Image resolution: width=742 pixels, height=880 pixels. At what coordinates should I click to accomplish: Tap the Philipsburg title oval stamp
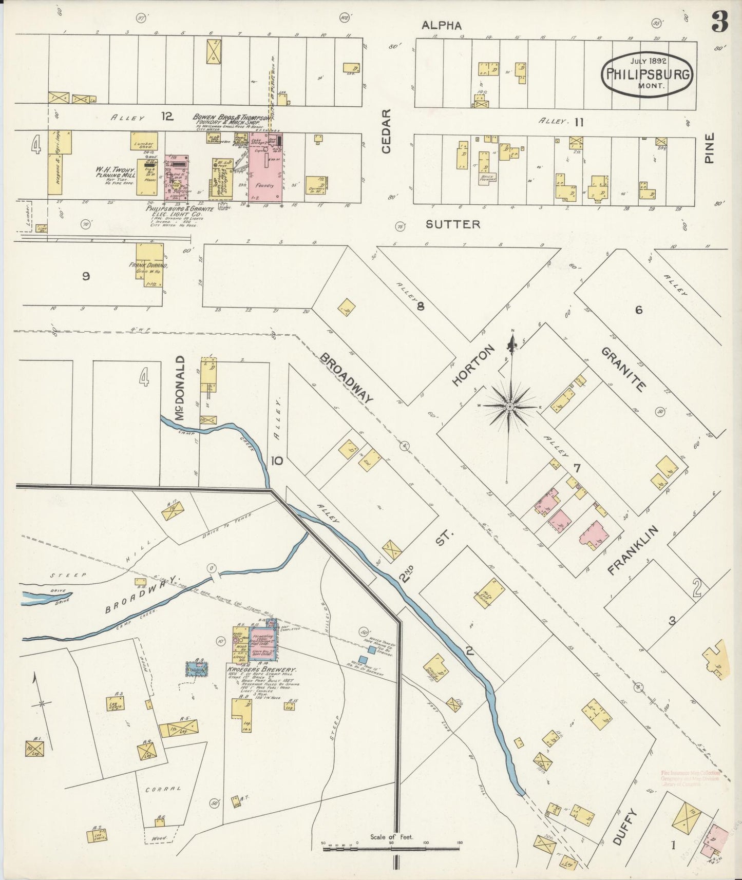click(648, 73)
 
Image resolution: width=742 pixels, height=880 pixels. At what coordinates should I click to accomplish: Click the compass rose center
click(510, 406)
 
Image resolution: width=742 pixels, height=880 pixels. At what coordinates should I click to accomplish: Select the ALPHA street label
click(442, 25)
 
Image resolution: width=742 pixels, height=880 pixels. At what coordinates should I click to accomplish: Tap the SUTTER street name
click(453, 224)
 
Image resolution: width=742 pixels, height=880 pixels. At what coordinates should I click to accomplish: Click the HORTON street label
click(473, 365)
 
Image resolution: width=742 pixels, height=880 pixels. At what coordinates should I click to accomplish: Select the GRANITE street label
click(622, 369)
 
